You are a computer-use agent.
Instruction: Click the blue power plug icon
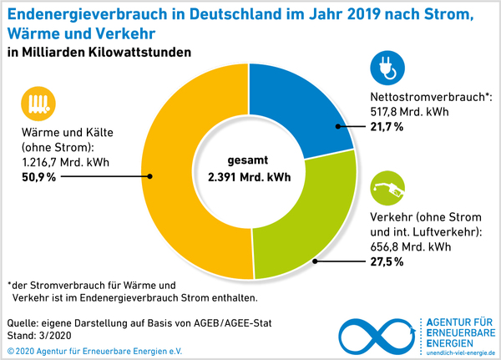pyautogui.click(x=385, y=69)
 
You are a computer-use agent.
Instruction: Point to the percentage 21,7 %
pyautogui.click(x=387, y=126)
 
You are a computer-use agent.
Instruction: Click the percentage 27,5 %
pyautogui.click(x=387, y=261)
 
